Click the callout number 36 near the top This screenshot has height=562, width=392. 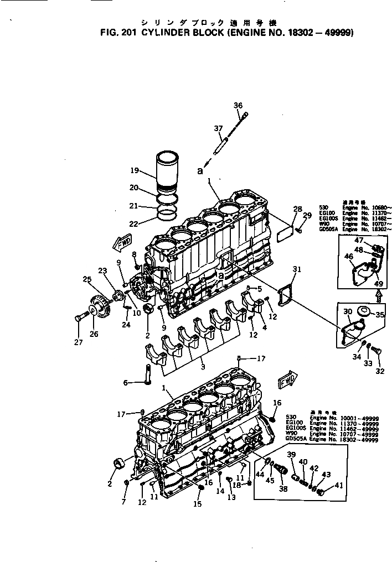238,105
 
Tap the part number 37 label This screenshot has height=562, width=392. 219,128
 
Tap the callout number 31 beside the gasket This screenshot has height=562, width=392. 297,269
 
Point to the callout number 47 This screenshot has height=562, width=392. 359,240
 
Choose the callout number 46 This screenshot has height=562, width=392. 349,257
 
